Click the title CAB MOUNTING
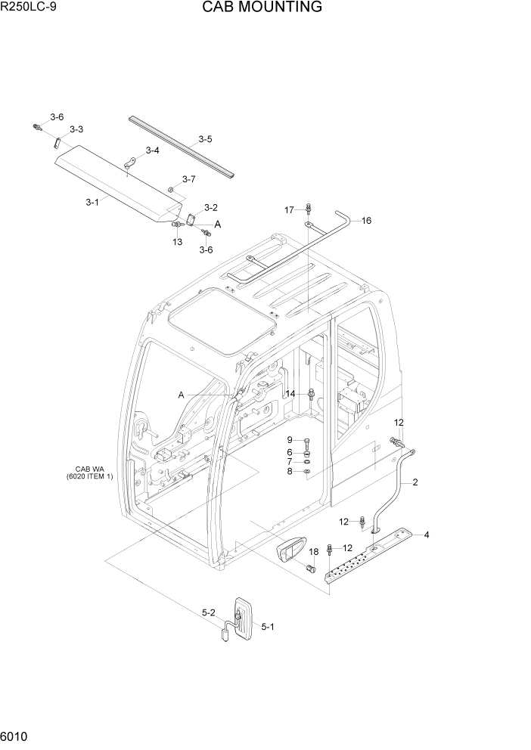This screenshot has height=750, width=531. pyautogui.click(x=262, y=8)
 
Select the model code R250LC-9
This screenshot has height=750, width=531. pyautogui.click(x=29, y=8)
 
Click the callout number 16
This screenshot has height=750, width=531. pyautogui.click(x=366, y=221)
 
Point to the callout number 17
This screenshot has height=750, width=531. pyautogui.click(x=288, y=209)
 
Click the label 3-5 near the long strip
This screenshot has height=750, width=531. pyautogui.click(x=205, y=139)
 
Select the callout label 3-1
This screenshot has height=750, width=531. pyautogui.click(x=92, y=202)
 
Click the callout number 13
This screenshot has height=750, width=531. pyautogui.click(x=177, y=242)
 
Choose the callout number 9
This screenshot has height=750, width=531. pyautogui.click(x=289, y=440)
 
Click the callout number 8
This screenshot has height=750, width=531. pyautogui.click(x=289, y=472)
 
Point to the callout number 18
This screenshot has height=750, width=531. pyautogui.click(x=313, y=552)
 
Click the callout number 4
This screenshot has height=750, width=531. pyautogui.click(x=427, y=535)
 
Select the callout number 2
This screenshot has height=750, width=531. pyautogui.click(x=415, y=482)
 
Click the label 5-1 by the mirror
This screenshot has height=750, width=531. pyautogui.click(x=269, y=626)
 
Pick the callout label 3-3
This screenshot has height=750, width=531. pyautogui.click(x=76, y=130)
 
